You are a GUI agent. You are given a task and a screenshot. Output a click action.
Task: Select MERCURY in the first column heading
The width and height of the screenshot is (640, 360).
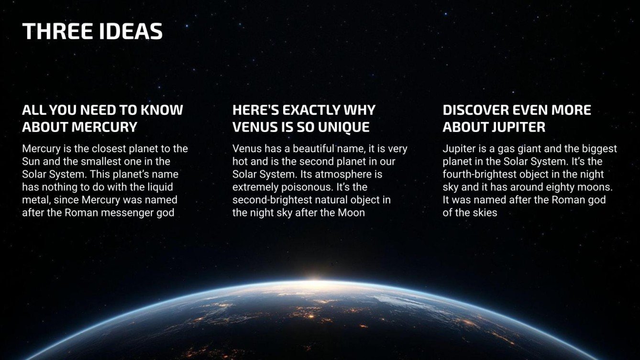(104, 127)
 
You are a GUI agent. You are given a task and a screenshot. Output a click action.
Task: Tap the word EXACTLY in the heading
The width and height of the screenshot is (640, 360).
(309, 110)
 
